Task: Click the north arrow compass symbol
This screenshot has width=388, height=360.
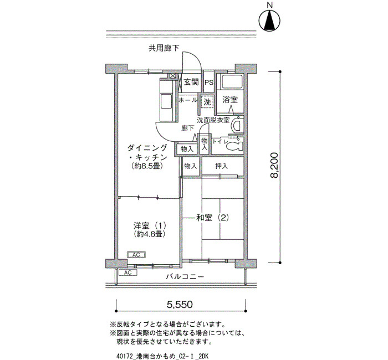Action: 269,20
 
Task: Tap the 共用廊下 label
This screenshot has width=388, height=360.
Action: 164,48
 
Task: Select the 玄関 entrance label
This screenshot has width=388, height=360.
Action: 191,82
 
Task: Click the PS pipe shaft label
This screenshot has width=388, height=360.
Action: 209,83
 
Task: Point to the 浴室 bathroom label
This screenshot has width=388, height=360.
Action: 230,100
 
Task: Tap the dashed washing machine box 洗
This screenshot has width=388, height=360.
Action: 207,102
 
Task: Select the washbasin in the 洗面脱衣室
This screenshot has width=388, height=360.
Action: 237,125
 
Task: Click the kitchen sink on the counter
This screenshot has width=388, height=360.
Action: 166,101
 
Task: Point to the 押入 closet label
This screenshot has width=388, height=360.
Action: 221,166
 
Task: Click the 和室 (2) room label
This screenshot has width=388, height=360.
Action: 212,218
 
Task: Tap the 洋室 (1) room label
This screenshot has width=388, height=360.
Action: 150,225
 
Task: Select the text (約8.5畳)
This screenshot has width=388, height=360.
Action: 147,166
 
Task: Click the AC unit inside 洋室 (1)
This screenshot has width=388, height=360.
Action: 136,255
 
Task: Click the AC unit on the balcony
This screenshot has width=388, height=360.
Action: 127,272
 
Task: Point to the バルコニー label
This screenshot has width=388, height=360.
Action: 185,276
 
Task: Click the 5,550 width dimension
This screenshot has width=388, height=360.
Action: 180,305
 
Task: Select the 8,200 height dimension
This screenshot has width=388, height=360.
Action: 274,165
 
